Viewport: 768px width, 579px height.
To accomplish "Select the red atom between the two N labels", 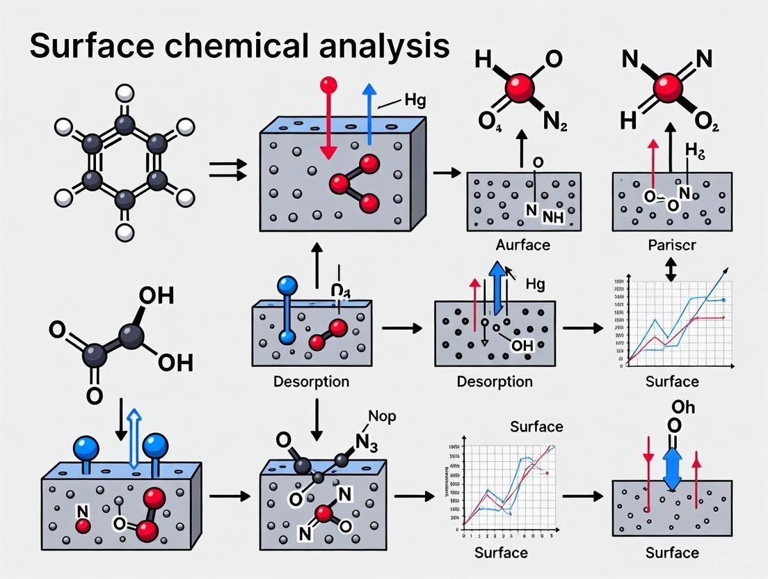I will click(x=667, y=88).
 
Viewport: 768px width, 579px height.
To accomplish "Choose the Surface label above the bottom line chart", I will click(x=536, y=426).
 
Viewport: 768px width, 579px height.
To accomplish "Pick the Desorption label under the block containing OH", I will click(x=495, y=381).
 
